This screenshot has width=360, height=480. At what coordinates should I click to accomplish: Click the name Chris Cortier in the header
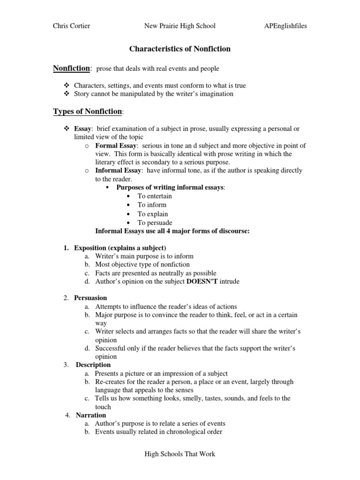point(72,26)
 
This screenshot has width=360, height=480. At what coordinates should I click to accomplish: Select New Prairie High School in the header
point(180,26)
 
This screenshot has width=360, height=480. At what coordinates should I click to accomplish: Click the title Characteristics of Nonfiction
point(180,49)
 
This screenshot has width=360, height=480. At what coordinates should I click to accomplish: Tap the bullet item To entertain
point(155,196)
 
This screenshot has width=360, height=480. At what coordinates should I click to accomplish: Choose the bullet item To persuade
point(155,223)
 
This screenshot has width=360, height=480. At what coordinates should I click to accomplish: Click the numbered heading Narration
point(91,415)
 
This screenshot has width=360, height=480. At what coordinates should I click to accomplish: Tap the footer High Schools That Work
point(180,454)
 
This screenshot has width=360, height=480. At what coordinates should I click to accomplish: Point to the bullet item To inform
point(152,205)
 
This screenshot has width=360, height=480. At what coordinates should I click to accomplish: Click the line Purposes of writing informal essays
point(171,187)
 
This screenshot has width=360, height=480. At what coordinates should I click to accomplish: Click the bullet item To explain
point(153,214)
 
